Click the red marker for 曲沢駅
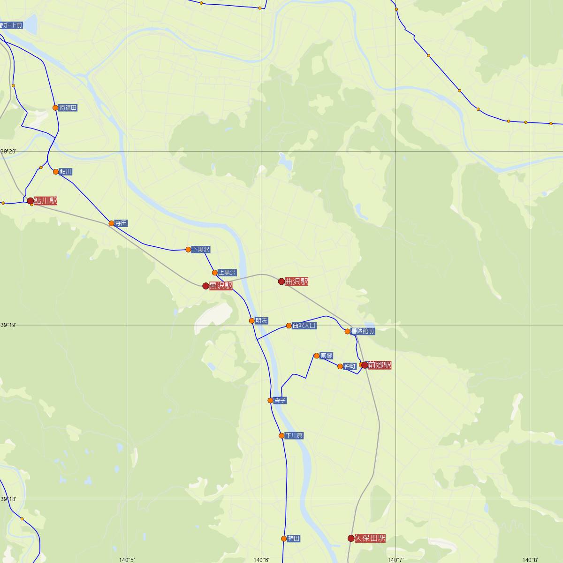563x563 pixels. (x=281, y=281)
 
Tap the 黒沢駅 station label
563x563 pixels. (x=221, y=286)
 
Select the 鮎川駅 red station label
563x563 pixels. (x=46, y=201)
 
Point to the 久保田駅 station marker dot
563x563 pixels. (x=351, y=538)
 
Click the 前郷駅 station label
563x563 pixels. (x=380, y=365)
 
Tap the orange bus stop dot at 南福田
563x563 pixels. (x=55, y=107)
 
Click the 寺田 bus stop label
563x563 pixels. (x=122, y=223)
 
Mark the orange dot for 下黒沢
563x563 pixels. (x=188, y=250)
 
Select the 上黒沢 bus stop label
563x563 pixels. (x=227, y=273)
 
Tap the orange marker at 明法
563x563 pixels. (x=252, y=321)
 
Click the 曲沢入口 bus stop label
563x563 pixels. (x=304, y=326)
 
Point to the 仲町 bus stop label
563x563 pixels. (x=350, y=366)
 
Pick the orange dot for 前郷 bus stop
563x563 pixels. (x=317, y=356)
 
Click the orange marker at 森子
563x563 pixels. (x=270, y=401)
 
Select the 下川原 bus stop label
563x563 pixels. (x=294, y=436)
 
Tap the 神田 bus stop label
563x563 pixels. (x=294, y=539)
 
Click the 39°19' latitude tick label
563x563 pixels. (x=8, y=325)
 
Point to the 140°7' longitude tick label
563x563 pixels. (x=396, y=559)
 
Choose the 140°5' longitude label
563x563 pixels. (x=127, y=559)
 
